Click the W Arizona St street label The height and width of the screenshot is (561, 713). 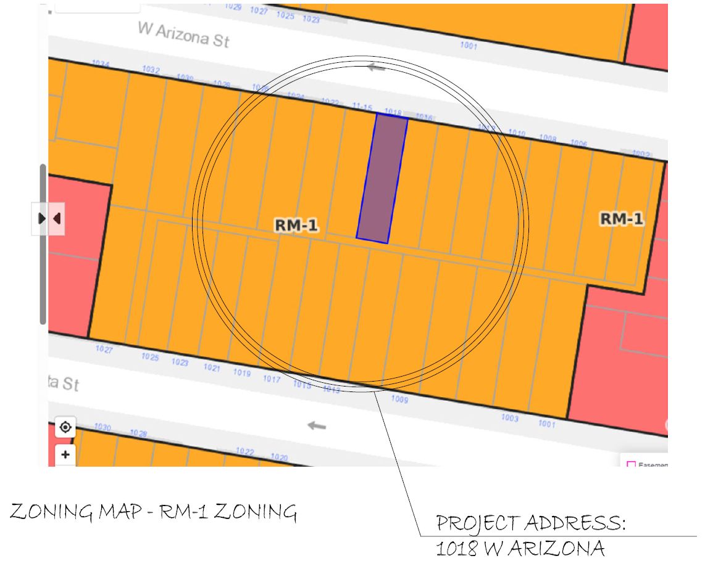coord(183,36)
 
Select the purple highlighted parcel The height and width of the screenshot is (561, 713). coord(382,178)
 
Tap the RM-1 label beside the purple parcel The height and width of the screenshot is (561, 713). coord(296,226)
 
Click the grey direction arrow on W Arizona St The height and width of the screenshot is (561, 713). coord(376,67)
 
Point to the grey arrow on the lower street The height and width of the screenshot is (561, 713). coord(317,425)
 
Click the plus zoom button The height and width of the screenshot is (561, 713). coord(65,456)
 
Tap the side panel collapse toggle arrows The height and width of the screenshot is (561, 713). coord(49,218)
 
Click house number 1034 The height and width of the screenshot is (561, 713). coord(100,64)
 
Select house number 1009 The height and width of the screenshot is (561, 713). coord(400,399)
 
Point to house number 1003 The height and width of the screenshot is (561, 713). coord(510,418)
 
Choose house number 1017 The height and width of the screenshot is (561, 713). coord(272,379)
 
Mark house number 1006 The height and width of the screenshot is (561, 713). coord(578,144)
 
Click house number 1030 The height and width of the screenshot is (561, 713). coord(102,427)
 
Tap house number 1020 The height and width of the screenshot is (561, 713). coord(280,457)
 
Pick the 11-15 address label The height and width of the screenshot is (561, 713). coord(362,107)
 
